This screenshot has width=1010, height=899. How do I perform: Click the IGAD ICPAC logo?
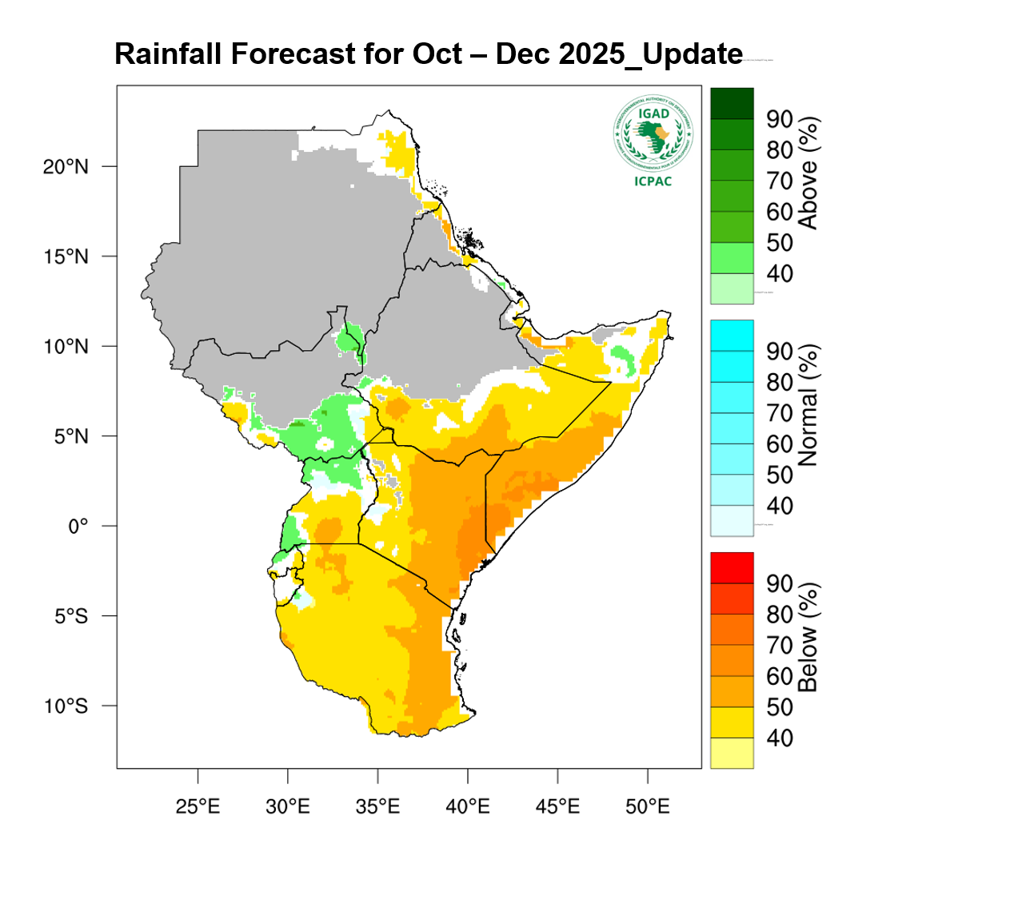pos(653,141)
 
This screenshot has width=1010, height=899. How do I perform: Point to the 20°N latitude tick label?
pos(66,167)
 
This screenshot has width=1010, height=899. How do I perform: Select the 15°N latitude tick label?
pos(66,257)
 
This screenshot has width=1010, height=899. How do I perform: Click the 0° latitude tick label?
pos(78,526)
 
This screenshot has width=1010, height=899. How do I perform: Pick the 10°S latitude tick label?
pos(66,706)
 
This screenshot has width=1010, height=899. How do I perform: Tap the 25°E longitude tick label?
pos(198,806)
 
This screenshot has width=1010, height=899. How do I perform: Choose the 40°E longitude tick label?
pos(468,806)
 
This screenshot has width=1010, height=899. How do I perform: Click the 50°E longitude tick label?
pos(648,806)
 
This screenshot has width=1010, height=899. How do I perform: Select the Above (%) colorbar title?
pos(809,173)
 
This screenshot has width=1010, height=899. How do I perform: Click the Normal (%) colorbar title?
pos(809,405)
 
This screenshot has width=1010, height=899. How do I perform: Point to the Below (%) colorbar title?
pos(809,637)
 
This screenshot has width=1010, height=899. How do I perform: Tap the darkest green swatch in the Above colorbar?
pos(732,103)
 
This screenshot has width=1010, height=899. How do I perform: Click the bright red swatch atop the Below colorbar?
pos(732,567)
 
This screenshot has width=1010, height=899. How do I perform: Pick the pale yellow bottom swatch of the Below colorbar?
pos(732,753)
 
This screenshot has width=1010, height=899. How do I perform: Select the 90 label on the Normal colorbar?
pos(780,351)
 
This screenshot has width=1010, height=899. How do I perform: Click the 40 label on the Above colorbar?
pos(780,274)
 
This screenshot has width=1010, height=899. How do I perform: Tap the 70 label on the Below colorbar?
pos(780,645)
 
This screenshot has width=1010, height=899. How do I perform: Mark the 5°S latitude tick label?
pos(71,616)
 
